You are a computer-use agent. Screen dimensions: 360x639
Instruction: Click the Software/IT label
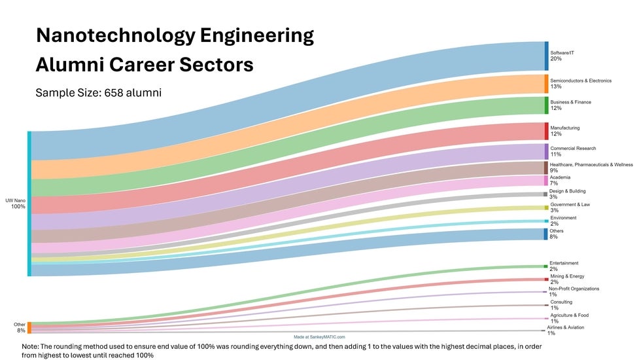tap(562, 52)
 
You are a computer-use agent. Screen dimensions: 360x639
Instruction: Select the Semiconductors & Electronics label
tap(581, 81)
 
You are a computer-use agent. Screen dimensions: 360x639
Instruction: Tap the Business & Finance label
tap(570, 102)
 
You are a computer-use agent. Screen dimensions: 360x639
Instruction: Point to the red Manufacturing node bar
tap(546, 131)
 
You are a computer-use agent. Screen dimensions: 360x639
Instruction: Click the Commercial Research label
tap(573, 149)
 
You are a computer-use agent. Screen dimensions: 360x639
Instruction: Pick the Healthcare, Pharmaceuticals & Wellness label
tap(591, 164)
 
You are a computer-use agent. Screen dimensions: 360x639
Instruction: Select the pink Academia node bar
tap(546, 180)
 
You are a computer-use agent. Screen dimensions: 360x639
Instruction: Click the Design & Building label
tap(568, 191)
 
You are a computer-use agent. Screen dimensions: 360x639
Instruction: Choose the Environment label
tap(563, 217)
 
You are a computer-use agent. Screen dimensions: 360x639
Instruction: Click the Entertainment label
tap(564, 263)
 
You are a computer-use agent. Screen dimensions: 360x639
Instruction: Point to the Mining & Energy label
tap(567, 276)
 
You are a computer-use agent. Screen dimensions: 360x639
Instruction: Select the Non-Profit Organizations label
tap(574, 289)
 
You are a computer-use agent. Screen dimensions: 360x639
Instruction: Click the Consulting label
tap(561, 302)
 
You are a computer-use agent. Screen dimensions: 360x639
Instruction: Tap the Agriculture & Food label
tap(569, 315)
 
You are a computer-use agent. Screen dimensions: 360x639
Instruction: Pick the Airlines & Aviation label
tap(566, 327)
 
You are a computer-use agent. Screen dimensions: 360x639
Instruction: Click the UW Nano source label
tap(14, 200)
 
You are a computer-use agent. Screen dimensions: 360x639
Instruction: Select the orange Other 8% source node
tap(29, 327)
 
